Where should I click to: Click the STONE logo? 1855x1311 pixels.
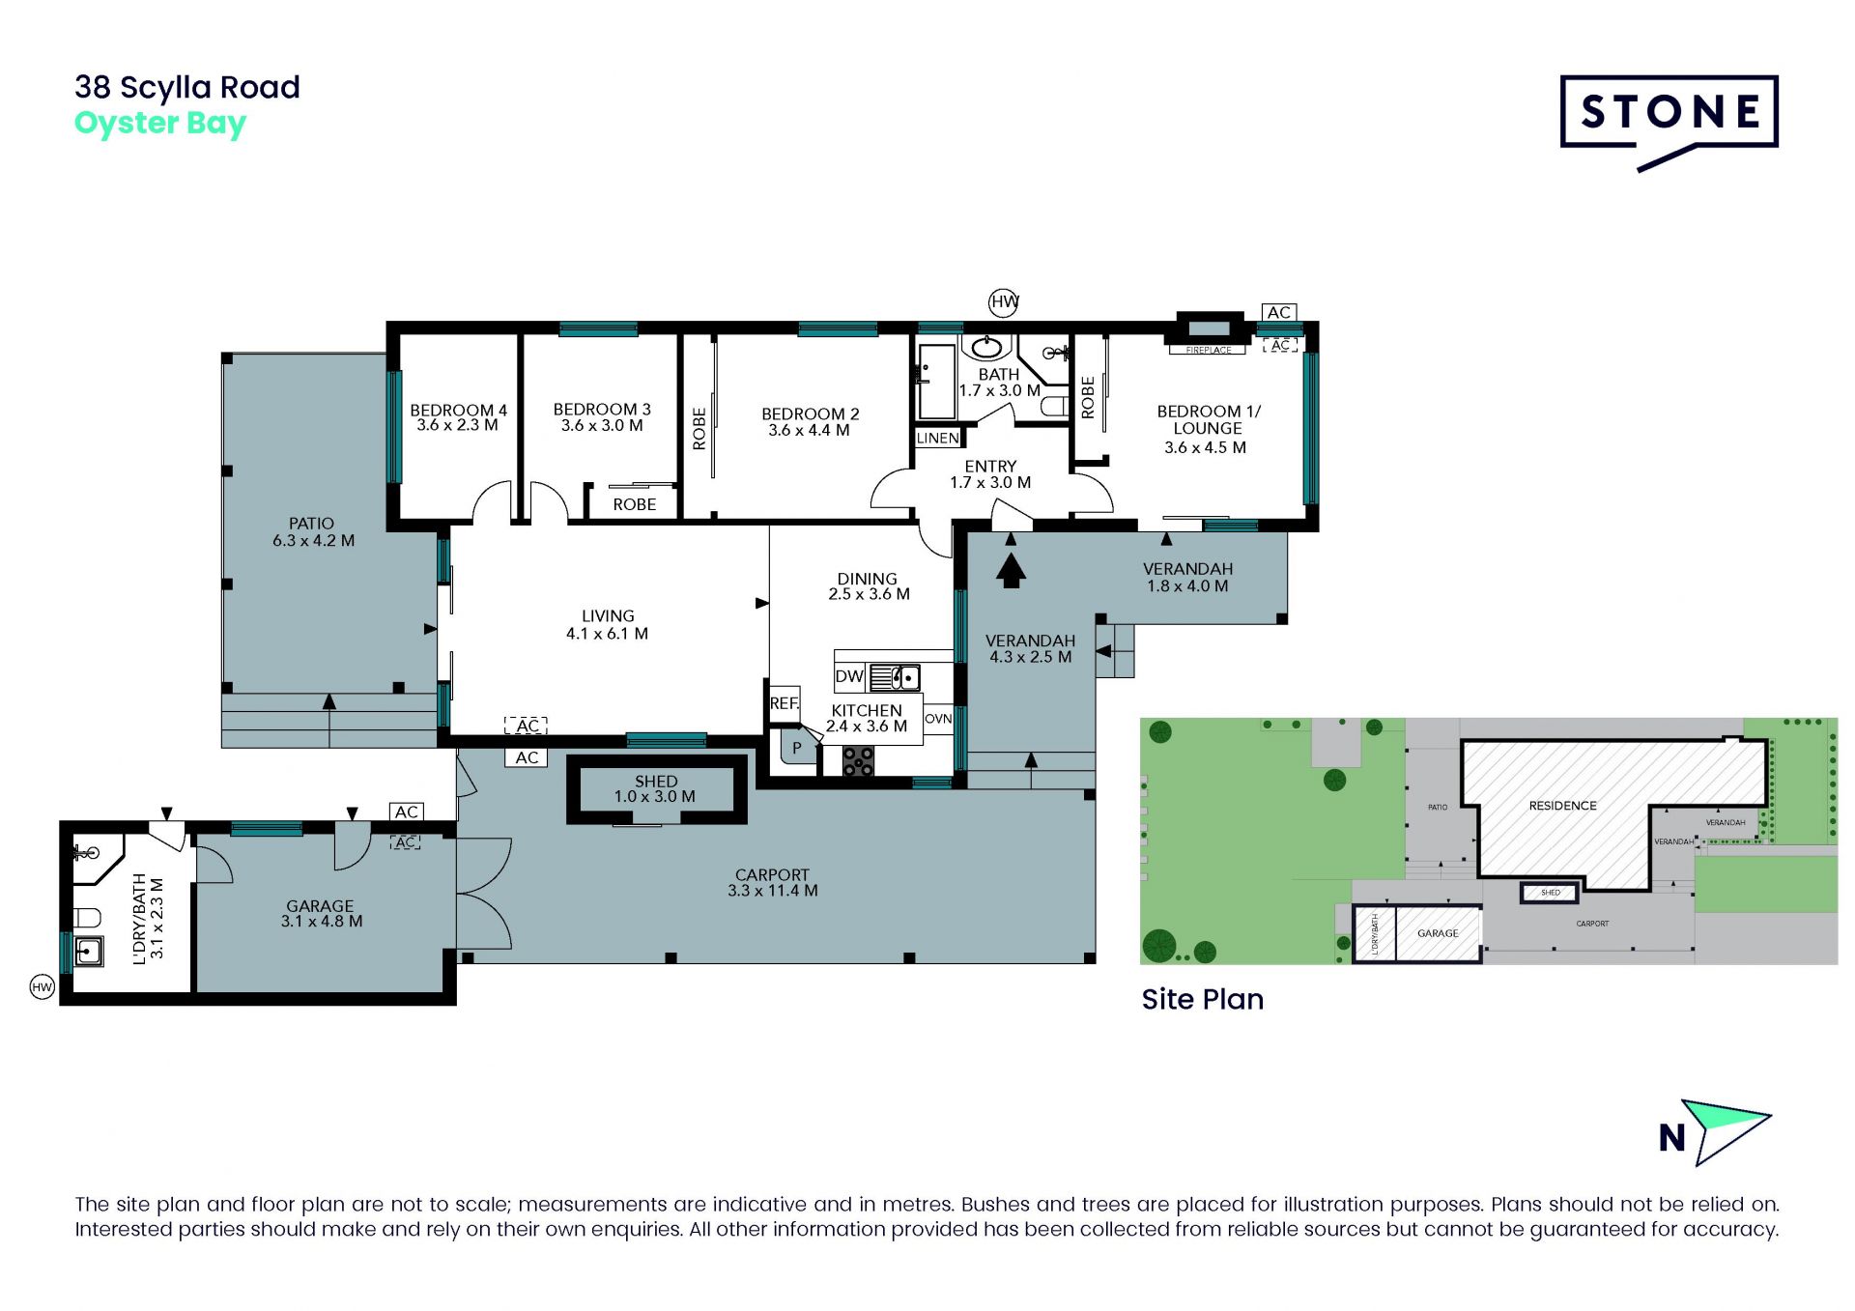click(x=1669, y=121)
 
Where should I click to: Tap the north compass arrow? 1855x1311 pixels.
click(x=1725, y=1130)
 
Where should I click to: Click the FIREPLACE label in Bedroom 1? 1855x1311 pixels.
click(x=1209, y=350)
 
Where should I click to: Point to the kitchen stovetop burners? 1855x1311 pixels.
click(x=858, y=761)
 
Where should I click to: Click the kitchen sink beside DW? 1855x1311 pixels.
click(x=895, y=677)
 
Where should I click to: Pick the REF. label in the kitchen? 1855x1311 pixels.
click(x=785, y=703)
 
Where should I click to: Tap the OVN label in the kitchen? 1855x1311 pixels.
click(x=938, y=719)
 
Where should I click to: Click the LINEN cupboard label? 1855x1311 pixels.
click(x=938, y=438)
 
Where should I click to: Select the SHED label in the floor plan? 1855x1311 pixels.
click(x=656, y=781)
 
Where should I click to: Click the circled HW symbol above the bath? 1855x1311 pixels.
click(x=1005, y=301)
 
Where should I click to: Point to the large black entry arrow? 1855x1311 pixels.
click(x=1011, y=568)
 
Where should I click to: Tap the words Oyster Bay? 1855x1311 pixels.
click(x=160, y=125)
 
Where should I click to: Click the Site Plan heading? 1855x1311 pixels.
click(x=1203, y=999)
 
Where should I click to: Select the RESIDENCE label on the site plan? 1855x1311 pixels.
click(x=1562, y=806)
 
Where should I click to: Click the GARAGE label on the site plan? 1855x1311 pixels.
click(x=1438, y=933)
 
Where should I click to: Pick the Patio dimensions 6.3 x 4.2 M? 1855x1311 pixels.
click(x=313, y=541)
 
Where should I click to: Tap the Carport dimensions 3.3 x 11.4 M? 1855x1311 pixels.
click(x=773, y=891)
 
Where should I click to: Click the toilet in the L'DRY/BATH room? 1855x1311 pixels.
click(x=87, y=917)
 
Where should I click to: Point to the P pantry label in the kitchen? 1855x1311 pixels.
click(x=797, y=748)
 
